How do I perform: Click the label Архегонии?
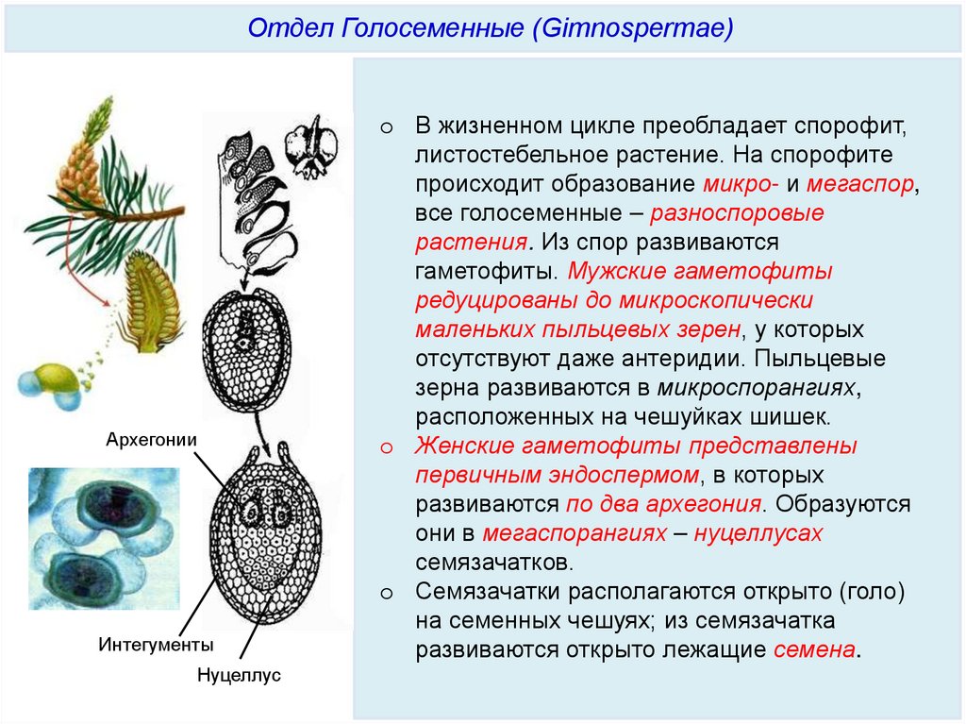tap(151, 439)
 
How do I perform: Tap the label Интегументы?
tap(157, 645)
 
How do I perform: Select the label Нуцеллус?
tap(240, 676)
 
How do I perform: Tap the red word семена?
tap(815, 650)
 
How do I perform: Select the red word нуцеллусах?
tap(758, 533)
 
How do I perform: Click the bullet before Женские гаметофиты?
tap(385, 446)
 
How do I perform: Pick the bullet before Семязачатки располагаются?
tap(385, 593)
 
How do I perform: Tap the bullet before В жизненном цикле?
tap(385, 126)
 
